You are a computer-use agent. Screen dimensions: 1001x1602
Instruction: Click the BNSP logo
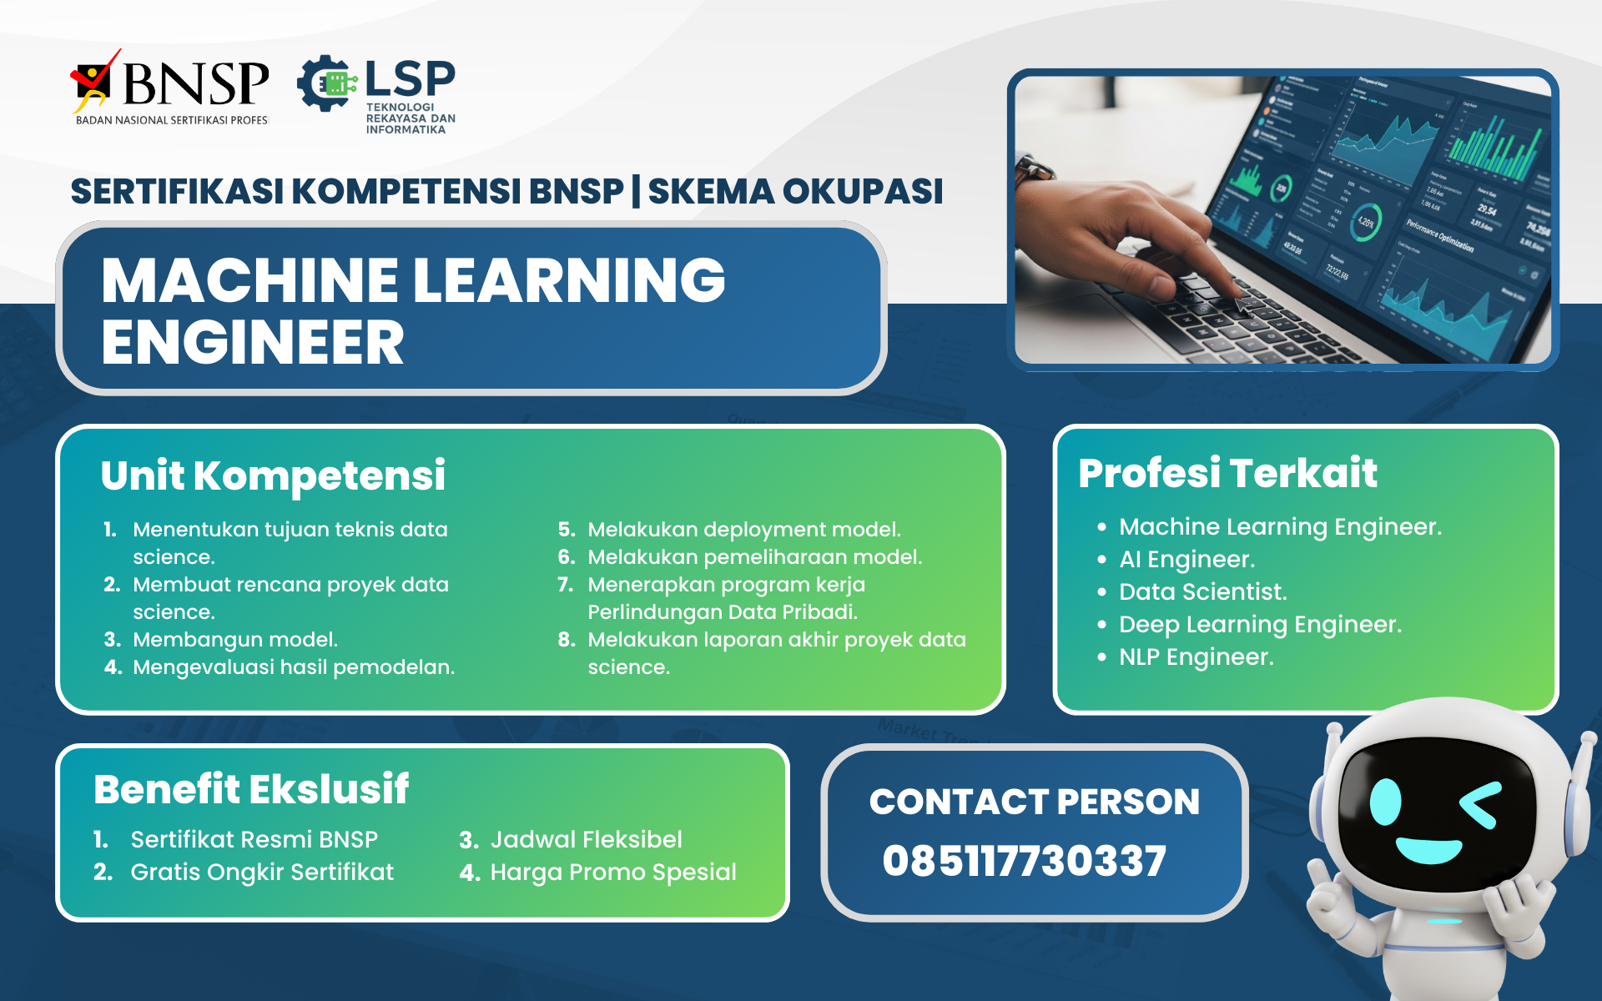click(171, 88)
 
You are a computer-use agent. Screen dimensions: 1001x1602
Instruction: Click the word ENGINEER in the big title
click(253, 343)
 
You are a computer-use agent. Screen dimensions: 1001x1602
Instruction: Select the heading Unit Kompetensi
click(273, 475)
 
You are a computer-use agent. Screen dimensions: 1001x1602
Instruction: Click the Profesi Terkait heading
click(1227, 473)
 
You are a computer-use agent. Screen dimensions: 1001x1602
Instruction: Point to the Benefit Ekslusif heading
click(251, 789)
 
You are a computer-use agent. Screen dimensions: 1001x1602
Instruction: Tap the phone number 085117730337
click(1025, 861)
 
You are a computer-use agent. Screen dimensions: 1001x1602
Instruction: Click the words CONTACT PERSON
click(1035, 802)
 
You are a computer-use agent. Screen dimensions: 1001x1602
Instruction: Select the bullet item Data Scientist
click(1202, 591)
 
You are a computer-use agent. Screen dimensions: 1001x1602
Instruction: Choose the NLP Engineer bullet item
click(1196, 657)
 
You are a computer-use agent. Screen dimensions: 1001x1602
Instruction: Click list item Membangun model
click(235, 640)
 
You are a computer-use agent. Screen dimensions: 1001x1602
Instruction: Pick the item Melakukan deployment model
click(743, 530)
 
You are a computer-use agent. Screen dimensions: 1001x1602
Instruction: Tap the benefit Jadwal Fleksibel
click(586, 839)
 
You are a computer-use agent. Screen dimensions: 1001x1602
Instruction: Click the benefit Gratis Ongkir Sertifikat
click(262, 872)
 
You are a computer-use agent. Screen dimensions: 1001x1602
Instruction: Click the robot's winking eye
click(1481, 804)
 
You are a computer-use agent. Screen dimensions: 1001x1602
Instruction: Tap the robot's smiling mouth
click(1428, 851)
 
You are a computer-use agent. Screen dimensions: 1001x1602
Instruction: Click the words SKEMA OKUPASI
click(795, 191)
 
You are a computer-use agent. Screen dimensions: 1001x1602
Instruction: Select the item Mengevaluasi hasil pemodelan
click(294, 667)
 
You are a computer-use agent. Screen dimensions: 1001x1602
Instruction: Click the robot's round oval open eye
click(1386, 802)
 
